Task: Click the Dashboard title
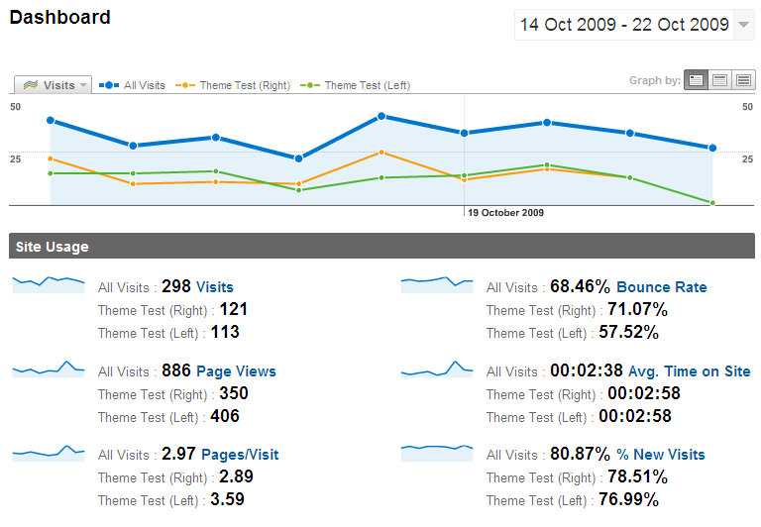point(60,18)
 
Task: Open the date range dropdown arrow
point(744,26)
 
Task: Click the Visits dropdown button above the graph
point(54,85)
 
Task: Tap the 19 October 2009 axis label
point(505,212)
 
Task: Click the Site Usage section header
point(53,247)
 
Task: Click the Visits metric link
point(215,287)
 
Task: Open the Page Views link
point(236,371)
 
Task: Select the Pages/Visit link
point(240,455)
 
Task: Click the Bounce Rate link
point(662,287)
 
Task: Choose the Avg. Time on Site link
point(689,371)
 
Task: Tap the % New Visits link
point(660,455)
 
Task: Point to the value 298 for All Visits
point(175,286)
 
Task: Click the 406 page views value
point(224,417)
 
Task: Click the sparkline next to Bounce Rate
point(437,284)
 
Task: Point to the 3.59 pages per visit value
point(224,500)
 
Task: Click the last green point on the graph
point(711,203)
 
